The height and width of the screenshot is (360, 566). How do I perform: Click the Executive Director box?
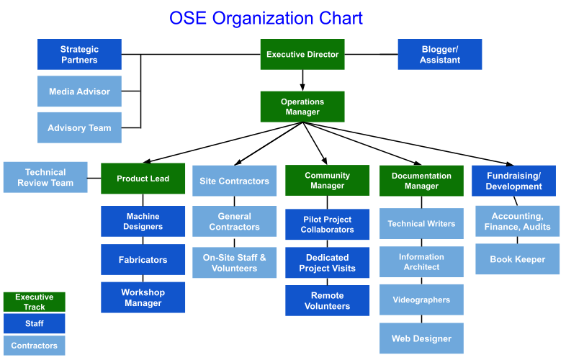pos(302,54)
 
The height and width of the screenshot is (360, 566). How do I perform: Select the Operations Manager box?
pos(302,107)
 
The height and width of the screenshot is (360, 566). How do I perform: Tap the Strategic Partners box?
pos(79,54)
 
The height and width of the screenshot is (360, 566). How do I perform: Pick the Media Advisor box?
pos(79,91)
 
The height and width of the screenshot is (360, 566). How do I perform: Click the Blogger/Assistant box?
pos(440,54)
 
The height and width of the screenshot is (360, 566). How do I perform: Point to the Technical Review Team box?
pos(45,177)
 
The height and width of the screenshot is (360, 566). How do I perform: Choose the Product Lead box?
pos(143,179)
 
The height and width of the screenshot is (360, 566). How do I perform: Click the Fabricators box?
pos(143,260)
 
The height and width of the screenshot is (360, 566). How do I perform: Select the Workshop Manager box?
pos(143,297)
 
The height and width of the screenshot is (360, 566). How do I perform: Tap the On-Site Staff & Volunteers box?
pos(234,263)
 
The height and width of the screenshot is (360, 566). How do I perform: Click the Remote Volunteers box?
pos(328,300)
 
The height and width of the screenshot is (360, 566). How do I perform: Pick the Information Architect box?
pos(421,262)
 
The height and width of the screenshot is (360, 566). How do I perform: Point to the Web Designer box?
pos(421,338)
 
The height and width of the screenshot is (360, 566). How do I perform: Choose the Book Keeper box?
pos(518,259)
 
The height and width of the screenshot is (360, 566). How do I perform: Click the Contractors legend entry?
pos(35,346)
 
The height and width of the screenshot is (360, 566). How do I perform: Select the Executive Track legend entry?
pos(35,302)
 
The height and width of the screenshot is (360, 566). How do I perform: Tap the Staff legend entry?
pos(35,323)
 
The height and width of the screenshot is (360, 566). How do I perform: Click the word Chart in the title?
pos(341,18)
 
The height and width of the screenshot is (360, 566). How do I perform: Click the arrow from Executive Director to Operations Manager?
pos(302,80)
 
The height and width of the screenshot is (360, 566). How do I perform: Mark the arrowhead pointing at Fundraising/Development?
pos(509,164)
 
